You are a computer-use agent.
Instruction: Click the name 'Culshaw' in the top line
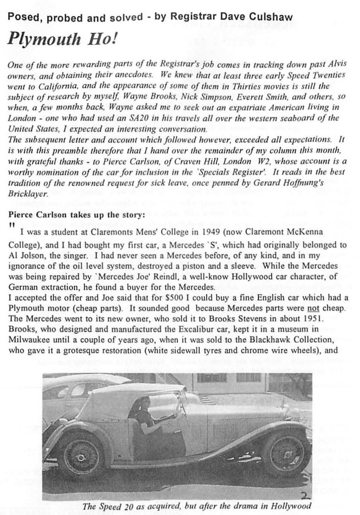click(x=273, y=17)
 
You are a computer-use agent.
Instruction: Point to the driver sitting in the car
click(x=144, y=410)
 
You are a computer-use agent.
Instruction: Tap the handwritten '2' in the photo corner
click(x=305, y=496)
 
